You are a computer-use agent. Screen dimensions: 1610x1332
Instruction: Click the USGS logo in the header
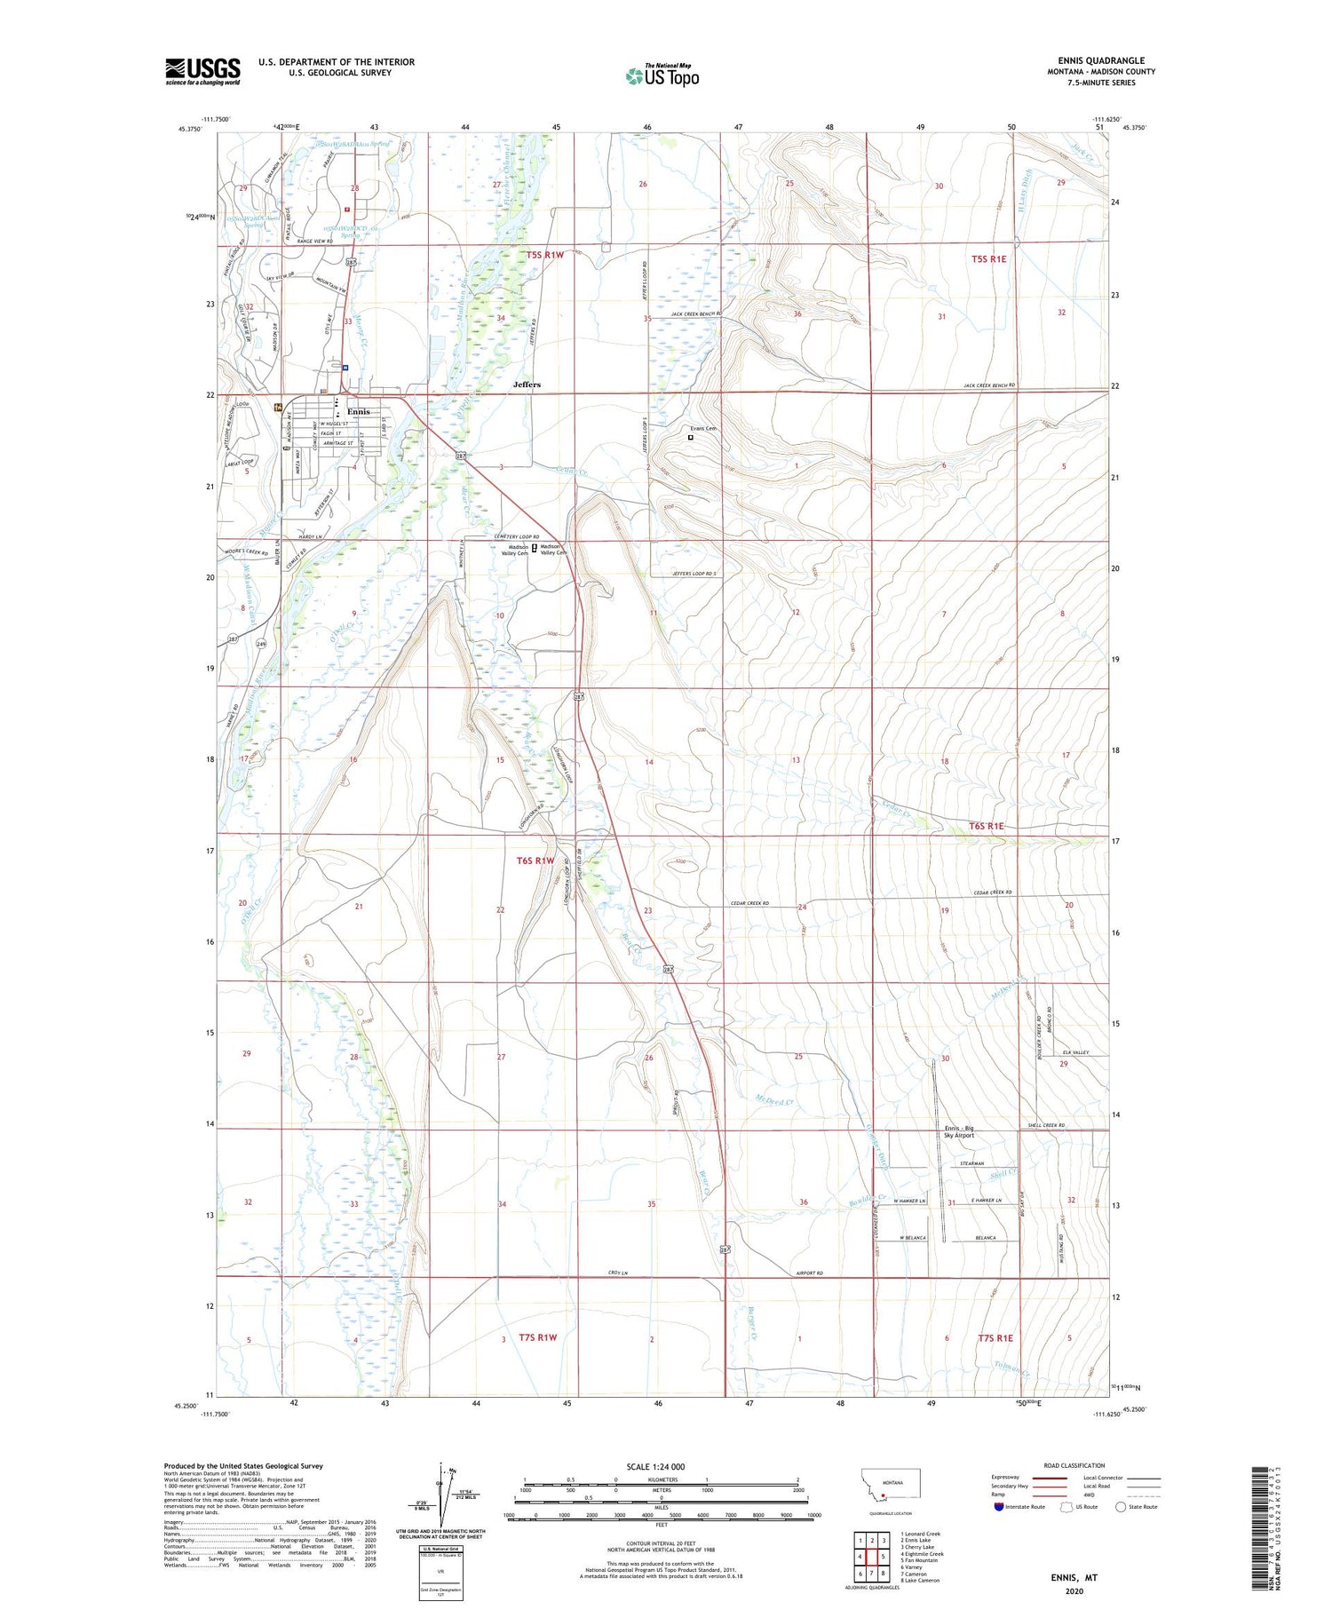tap(202, 71)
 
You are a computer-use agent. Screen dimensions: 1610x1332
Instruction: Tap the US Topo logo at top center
tap(662, 76)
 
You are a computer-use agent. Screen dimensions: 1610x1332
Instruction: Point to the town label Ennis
tap(359, 412)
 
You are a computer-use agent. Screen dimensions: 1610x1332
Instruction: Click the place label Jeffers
tap(527, 385)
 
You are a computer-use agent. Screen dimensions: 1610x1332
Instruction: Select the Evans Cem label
tap(703, 429)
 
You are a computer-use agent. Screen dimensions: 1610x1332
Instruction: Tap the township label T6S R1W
tap(535, 860)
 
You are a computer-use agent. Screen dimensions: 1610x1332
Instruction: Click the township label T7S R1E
tap(995, 1337)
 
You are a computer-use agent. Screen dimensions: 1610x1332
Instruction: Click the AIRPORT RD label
tap(809, 1273)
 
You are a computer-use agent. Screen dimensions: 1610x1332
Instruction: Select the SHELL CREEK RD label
tap(1045, 1126)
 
